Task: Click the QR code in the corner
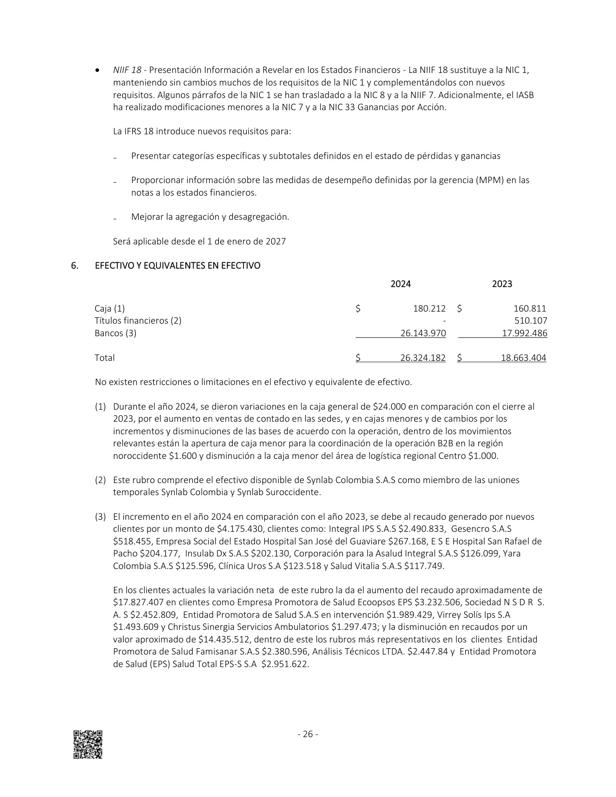click(x=88, y=744)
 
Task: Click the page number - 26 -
click(x=308, y=734)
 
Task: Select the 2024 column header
click(x=401, y=284)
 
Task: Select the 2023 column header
click(x=502, y=284)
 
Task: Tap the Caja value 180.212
click(x=429, y=309)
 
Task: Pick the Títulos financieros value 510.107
click(x=531, y=321)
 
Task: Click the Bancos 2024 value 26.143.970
click(x=423, y=333)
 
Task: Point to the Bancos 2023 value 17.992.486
click(x=525, y=333)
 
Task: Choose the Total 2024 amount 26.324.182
click(x=423, y=358)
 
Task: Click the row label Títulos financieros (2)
click(x=138, y=321)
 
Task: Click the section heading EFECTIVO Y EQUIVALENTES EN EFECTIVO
click(x=178, y=266)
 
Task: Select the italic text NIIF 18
click(x=127, y=70)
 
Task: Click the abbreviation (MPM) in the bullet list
click(x=491, y=180)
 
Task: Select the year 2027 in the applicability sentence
click(x=275, y=242)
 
